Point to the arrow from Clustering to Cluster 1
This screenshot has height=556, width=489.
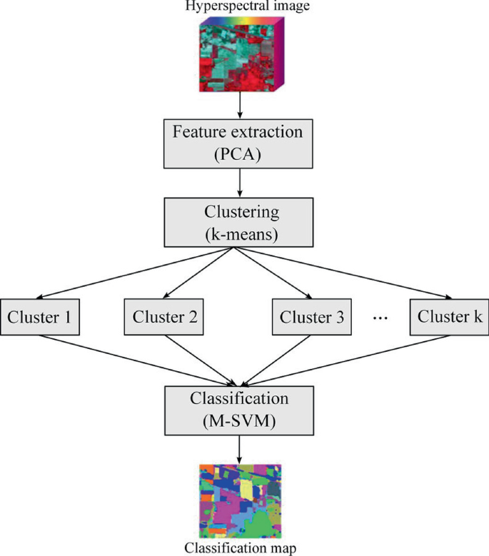pos(136,271)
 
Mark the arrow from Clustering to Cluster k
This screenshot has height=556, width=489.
pos(343,271)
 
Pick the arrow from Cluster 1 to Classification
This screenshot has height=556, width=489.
pos(136,360)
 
